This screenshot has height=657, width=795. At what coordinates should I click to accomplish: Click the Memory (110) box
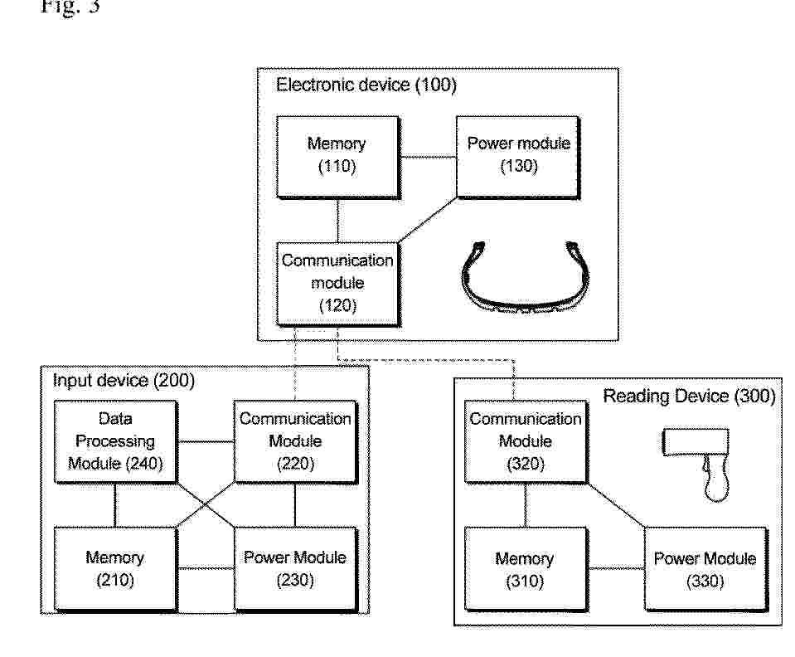point(338,157)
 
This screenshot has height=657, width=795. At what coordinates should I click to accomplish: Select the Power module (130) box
point(518,157)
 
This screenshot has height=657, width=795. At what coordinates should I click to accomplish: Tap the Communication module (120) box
point(338,284)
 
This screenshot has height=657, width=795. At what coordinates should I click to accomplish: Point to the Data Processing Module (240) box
point(115,441)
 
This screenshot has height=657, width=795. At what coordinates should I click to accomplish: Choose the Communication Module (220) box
point(296,441)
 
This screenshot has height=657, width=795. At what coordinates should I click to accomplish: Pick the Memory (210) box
point(115,569)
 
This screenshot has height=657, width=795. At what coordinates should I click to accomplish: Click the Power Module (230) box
point(296,569)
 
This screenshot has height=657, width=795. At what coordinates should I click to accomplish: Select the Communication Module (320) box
point(526,441)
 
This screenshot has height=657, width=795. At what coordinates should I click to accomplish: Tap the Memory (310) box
point(526,569)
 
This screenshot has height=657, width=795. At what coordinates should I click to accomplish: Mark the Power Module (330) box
point(705,569)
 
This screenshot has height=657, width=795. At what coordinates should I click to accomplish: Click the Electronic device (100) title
point(366,85)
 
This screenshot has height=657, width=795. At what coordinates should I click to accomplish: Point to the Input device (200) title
point(124,381)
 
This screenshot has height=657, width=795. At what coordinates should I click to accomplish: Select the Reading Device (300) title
point(689,396)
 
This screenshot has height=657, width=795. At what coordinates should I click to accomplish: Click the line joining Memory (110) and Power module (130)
point(429,158)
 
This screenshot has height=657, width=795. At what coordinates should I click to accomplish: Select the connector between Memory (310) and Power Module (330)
point(616,568)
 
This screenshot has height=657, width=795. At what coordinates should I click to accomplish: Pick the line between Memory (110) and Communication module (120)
point(337,220)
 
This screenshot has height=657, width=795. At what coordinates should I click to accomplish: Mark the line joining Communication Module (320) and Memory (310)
point(526,505)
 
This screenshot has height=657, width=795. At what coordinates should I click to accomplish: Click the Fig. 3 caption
point(70,6)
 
